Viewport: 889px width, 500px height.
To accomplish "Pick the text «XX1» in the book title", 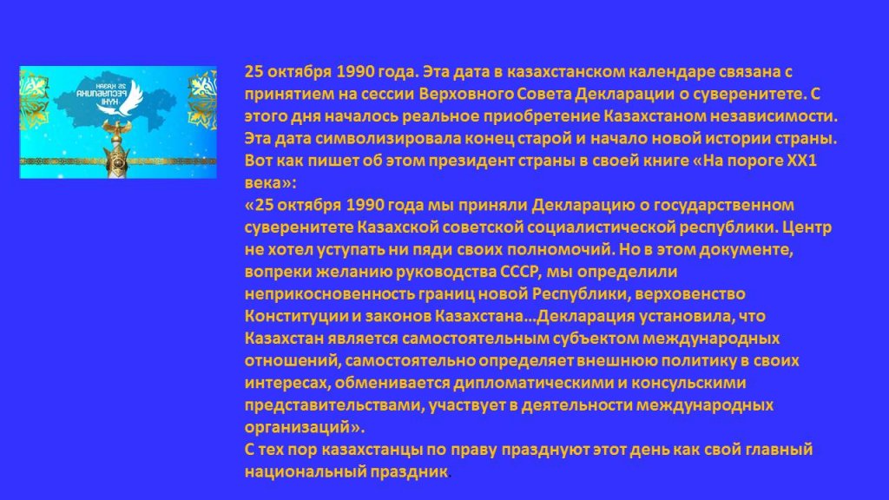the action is [801, 161].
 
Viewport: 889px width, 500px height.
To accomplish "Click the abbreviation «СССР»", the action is [518, 272].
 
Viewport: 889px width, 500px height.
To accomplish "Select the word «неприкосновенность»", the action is [329, 294].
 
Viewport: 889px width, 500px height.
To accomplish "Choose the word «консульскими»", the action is [688, 383].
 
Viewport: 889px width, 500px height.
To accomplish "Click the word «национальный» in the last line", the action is [305, 471].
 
